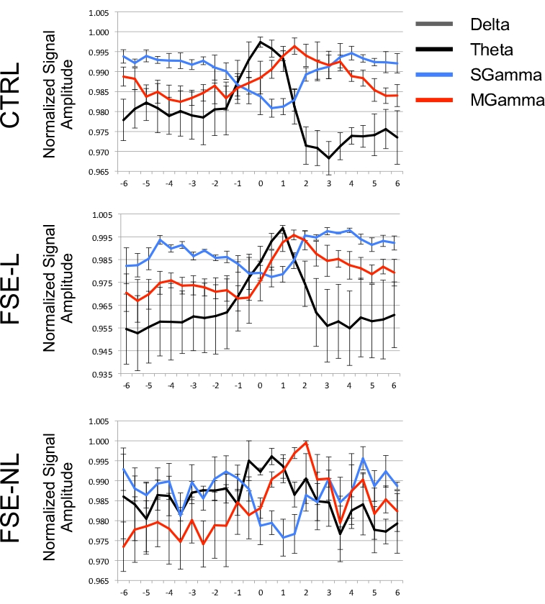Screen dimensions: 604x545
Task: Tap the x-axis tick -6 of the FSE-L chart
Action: tap(125, 386)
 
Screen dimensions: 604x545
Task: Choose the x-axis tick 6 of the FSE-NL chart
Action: tap(395, 594)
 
